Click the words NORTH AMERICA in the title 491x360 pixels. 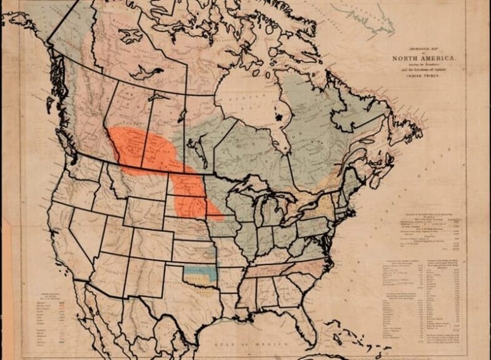pos(423,59)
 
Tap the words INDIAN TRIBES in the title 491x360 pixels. pos(423,74)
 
